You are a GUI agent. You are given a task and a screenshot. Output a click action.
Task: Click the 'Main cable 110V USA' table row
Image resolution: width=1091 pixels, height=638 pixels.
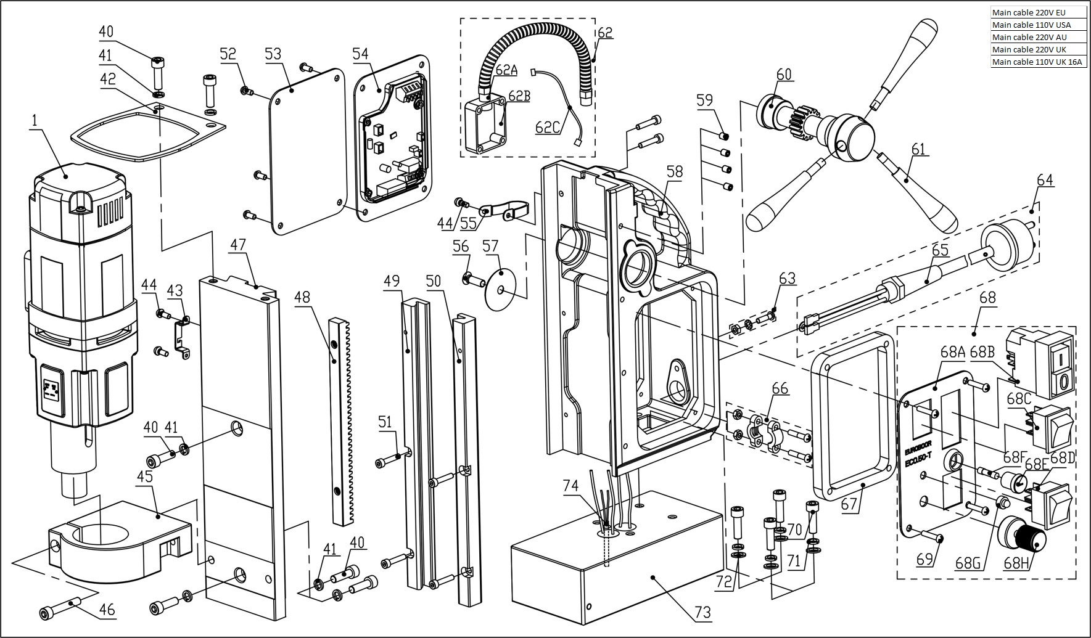click(x=1038, y=25)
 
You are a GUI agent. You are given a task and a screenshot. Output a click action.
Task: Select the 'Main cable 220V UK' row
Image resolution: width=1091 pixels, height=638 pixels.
click(x=1038, y=49)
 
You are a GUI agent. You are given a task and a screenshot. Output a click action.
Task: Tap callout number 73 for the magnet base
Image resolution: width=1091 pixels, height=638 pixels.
click(x=702, y=612)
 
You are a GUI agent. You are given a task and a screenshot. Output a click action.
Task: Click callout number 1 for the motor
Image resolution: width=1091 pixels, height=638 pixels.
click(x=35, y=120)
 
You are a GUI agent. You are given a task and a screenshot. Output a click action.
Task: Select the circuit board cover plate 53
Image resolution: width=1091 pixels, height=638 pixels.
click(x=306, y=152)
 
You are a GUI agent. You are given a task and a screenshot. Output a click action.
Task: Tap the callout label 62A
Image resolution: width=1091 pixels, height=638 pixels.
click(x=506, y=70)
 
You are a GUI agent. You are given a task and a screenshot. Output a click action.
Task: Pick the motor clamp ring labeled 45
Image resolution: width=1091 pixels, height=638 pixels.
click(x=120, y=542)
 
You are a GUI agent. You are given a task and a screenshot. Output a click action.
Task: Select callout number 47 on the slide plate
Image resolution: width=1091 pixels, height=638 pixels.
click(x=238, y=244)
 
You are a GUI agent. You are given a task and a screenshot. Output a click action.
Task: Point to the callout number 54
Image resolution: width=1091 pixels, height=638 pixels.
click(x=361, y=54)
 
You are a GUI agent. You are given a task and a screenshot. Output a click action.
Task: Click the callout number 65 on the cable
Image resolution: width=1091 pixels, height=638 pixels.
click(x=940, y=250)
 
